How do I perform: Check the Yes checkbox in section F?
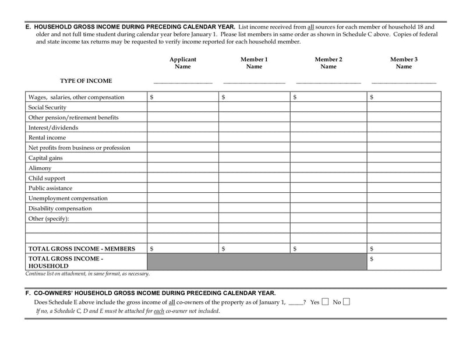pyautogui.click(x=326, y=302)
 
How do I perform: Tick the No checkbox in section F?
pyautogui.click(x=347, y=302)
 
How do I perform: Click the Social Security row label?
pyautogui.click(x=47, y=107)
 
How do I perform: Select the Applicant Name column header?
pyautogui.click(x=183, y=63)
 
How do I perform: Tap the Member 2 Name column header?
pyautogui.click(x=329, y=63)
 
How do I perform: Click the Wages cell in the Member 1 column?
pyautogui.click(x=254, y=97)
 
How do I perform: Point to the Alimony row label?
pyautogui.click(x=40, y=168)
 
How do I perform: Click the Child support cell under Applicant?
pyautogui.click(x=183, y=178)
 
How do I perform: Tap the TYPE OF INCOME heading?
pyautogui.click(x=86, y=81)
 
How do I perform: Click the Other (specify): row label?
pyautogui.click(x=48, y=218)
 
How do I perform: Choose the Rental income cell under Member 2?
pyautogui.click(x=329, y=137)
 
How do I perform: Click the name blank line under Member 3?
pyautogui.click(x=404, y=83)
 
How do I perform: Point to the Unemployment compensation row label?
pyautogui.click(x=68, y=199)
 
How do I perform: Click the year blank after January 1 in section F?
pyautogui.click(x=295, y=303)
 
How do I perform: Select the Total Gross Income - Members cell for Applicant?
pyautogui.click(x=183, y=249)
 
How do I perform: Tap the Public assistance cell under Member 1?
pyautogui.click(x=254, y=188)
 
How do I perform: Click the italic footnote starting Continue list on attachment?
pyautogui.click(x=87, y=273)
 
